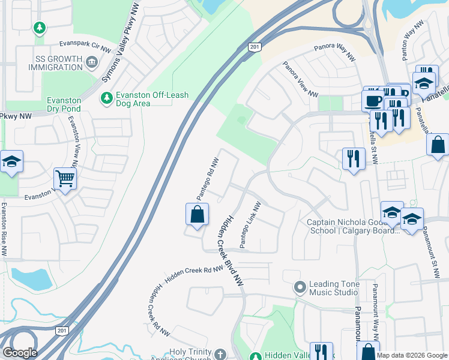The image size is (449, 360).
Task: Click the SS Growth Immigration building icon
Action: [91, 61]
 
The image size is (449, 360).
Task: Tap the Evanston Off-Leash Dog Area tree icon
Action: [106, 97]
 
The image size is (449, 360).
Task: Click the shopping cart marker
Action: [65, 178]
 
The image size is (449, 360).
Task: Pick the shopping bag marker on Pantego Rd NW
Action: [197, 215]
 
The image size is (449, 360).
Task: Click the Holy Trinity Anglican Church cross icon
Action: [220, 354]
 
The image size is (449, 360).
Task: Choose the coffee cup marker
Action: [372, 100]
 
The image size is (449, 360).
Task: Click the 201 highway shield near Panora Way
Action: [255, 47]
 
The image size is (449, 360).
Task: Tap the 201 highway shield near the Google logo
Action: [62, 331]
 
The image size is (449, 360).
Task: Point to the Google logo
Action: [20, 353]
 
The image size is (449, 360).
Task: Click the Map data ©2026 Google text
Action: [412, 355]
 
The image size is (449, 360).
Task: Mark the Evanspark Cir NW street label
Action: [85, 46]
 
